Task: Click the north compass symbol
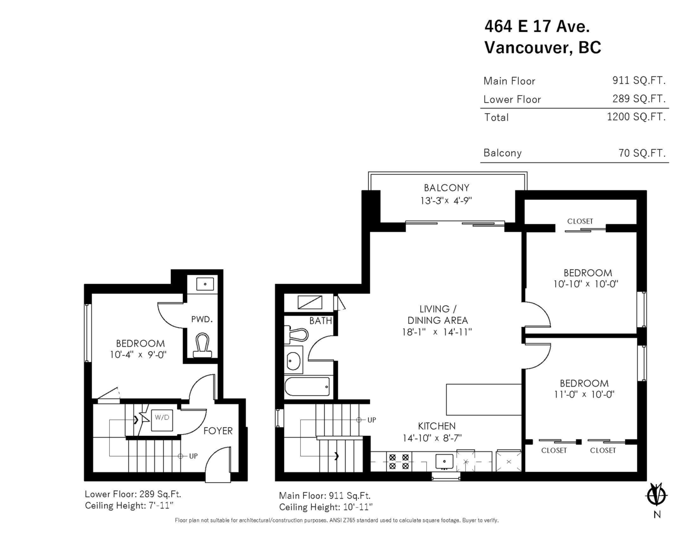pos(657,494)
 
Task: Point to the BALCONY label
pos(446,188)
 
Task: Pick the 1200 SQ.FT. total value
pos(635,117)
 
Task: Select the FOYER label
pos(218,431)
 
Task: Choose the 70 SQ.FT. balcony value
pos(642,153)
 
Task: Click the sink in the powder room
pos(204,284)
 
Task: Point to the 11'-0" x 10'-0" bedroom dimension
pos(584,394)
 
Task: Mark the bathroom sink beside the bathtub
pos(294,361)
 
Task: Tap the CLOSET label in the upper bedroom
pos(580,221)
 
